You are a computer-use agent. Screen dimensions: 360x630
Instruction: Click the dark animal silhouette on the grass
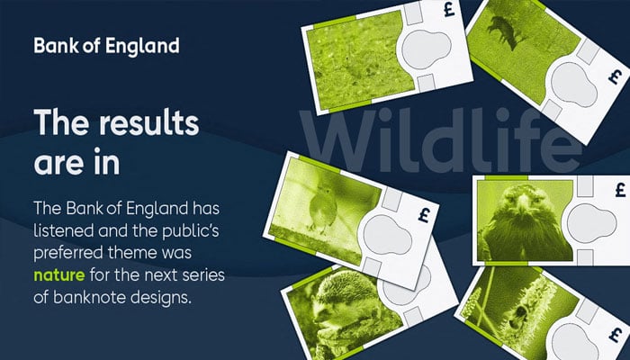pyautogui.click(x=503, y=34)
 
